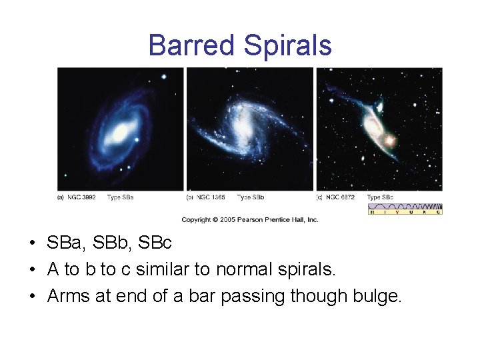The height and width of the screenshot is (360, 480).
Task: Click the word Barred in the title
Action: click(192, 45)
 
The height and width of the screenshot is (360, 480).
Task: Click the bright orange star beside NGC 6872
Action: click(389, 141)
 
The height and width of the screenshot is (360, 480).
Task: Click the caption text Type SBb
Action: click(251, 197)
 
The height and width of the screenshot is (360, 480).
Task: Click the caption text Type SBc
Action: click(380, 197)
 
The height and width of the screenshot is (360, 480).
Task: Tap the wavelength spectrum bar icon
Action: click(405, 209)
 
